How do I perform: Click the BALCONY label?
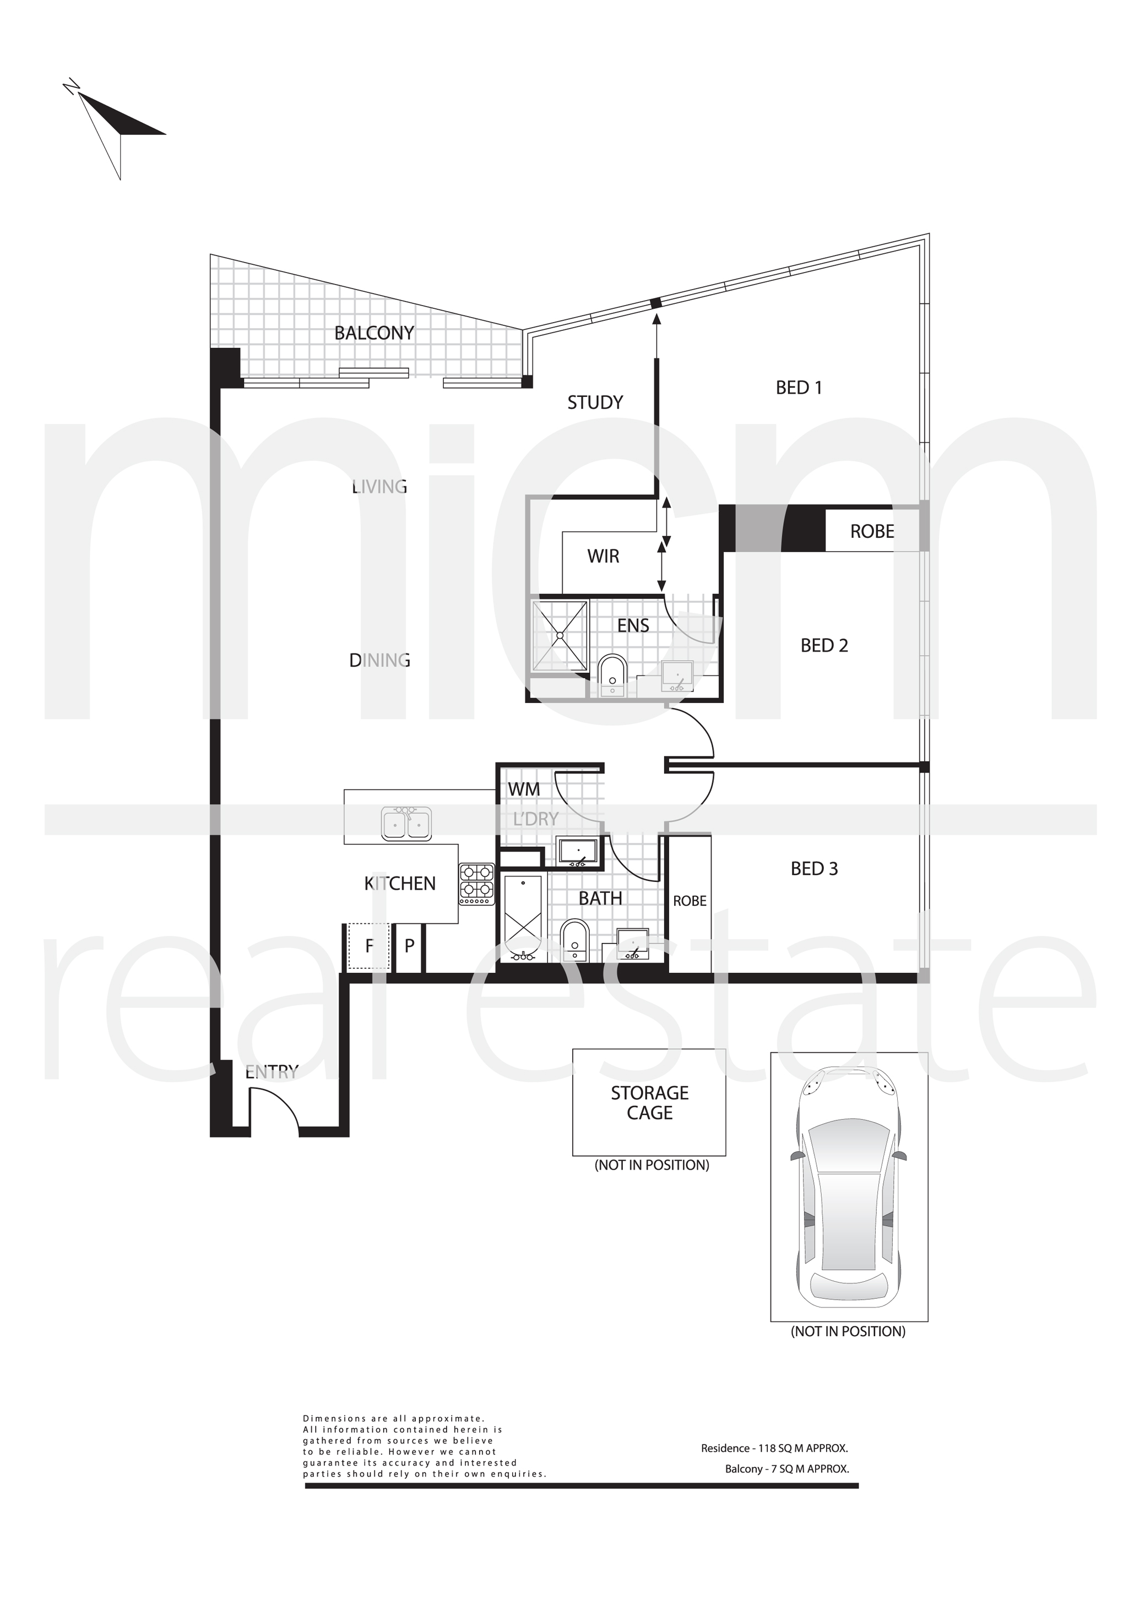pos(374,333)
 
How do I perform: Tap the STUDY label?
pos(595,402)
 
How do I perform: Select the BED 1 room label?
pos(799,388)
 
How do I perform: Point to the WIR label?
pos(604,556)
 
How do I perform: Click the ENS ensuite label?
pos(633,625)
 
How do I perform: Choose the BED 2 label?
pos(824,645)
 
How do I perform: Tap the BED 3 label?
pos(814,868)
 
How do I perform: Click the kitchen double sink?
pos(406,823)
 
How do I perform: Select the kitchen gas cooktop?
pos(477,883)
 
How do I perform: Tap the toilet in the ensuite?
pos(612,676)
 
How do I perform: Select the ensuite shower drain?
pos(560,635)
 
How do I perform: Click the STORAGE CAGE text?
pos(650,1102)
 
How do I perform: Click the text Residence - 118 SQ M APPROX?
pos(774,1448)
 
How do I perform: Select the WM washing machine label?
pos(524,789)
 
